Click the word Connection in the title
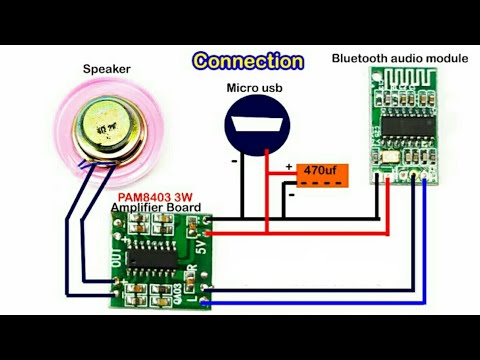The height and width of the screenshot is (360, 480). coord(249,62)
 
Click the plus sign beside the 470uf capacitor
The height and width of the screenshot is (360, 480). coord(290,167)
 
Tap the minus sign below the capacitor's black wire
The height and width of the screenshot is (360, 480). coord(291,196)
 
